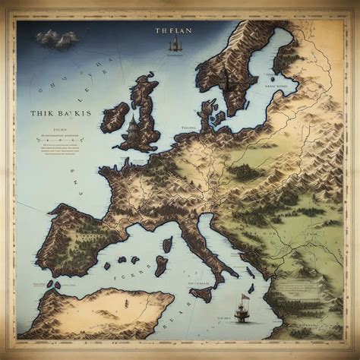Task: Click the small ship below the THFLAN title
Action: (x=172, y=48)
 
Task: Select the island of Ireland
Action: (x=115, y=118)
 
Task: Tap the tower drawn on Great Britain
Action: (x=134, y=125)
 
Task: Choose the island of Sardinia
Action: (x=161, y=265)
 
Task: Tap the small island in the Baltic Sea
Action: (x=271, y=77)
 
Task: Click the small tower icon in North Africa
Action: (x=55, y=285)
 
